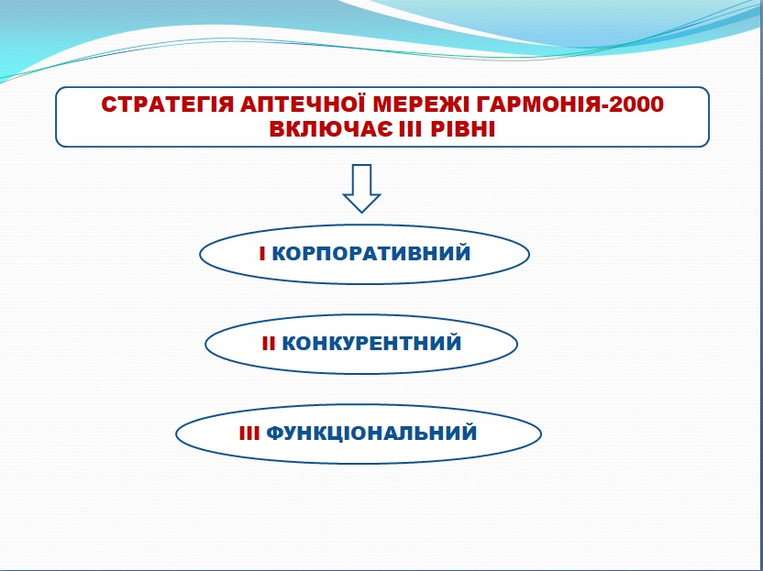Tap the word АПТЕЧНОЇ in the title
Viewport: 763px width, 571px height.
pyautogui.click(x=303, y=104)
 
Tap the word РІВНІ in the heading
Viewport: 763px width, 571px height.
pyautogui.click(x=463, y=130)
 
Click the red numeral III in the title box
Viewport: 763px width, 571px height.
pyautogui.click(x=410, y=130)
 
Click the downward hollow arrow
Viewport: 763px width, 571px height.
pyautogui.click(x=361, y=188)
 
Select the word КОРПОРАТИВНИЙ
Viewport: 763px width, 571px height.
pyautogui.click(x=371, y=253)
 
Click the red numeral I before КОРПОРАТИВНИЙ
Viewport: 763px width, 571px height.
pyautogui.click(x=262, y=254)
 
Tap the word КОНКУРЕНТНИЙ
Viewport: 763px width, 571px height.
pyautogui.click(x=371, y=344)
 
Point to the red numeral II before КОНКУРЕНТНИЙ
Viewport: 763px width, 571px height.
pyautogui.click(x=269, y=344)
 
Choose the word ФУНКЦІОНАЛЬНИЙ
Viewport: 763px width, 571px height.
pyautogui.click(x=371, y=433)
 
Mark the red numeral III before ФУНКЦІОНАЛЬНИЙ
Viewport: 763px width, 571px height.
pyautogui.click(x=249, y=434)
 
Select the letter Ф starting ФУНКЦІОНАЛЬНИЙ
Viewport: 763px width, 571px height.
pyautogui.click(x=275, y=434)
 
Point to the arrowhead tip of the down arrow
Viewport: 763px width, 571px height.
pyautogui.click(x=361, y=213)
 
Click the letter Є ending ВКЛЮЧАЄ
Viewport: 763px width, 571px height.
pyautogui.click(x=385, y=130)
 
